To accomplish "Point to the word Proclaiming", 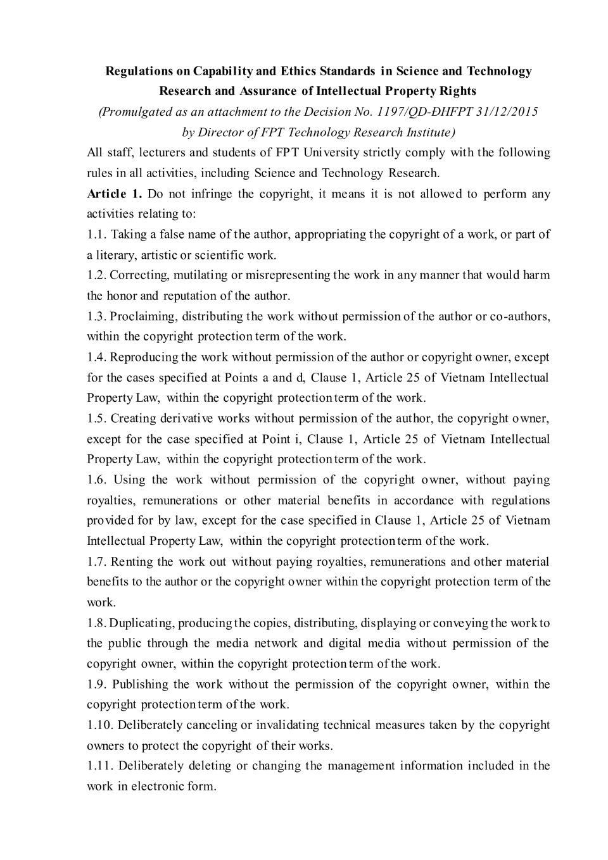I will click(141, 316).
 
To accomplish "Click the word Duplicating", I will click(141, 623).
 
